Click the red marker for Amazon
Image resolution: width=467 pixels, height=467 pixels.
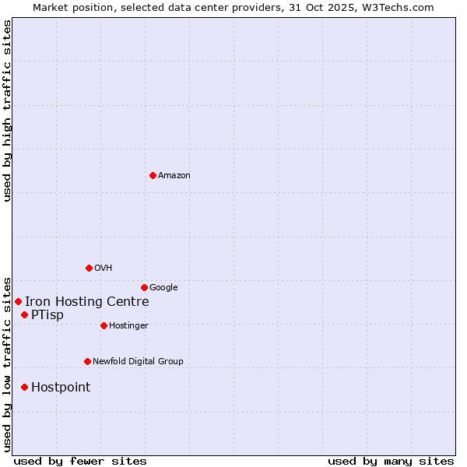pyautogui.click(x=153, y=175)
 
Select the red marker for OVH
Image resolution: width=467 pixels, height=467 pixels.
pyautogui.click(x=89, y=268)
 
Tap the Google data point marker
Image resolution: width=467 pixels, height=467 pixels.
pyautogui.click(x=144, y=287)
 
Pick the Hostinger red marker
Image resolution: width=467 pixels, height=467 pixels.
pyautogui.click(x=104, y=325)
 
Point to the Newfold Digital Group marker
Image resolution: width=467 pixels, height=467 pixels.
pyautogui.click(x=87, y=361)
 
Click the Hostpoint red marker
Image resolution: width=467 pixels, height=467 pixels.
pyautogui.click(x=24, y=387)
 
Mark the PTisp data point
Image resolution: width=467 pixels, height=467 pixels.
pyautogui.click(x=24, y=314)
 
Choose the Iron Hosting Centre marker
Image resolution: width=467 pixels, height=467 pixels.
pyautogui.click(x=18, y=301)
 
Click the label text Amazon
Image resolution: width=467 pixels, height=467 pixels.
pyautogui.click(x=174, y=176)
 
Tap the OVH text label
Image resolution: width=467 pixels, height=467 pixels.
pyautogui.click(x=104, y=269)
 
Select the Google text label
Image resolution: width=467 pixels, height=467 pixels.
pyautogui.click(x=163, y=288)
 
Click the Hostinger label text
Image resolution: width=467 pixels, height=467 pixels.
pyautogui.click(x=128, y=326)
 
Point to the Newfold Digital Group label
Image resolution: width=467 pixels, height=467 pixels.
pyautogui.click(x=138, y=362)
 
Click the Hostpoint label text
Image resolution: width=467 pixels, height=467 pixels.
pyautogui.click(x=61, y=388)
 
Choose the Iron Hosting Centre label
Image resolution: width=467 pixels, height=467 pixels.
pyautogui.click(x=86, y=302)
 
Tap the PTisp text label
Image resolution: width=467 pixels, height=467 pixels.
pyautogui.click(x=47, y=315)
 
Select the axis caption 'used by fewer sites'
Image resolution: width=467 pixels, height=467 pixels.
pyautogui.click(x=80, y=461)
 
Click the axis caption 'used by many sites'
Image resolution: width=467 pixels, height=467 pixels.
pyautogui.click(x=391, y=461)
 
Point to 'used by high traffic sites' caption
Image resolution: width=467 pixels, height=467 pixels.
pyautogui.click(x=7, y=111)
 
